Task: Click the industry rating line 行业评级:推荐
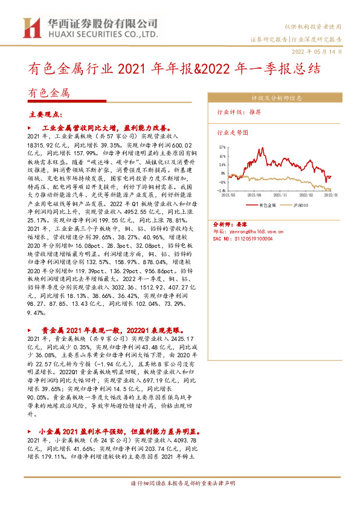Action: click(x=239, y=112)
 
